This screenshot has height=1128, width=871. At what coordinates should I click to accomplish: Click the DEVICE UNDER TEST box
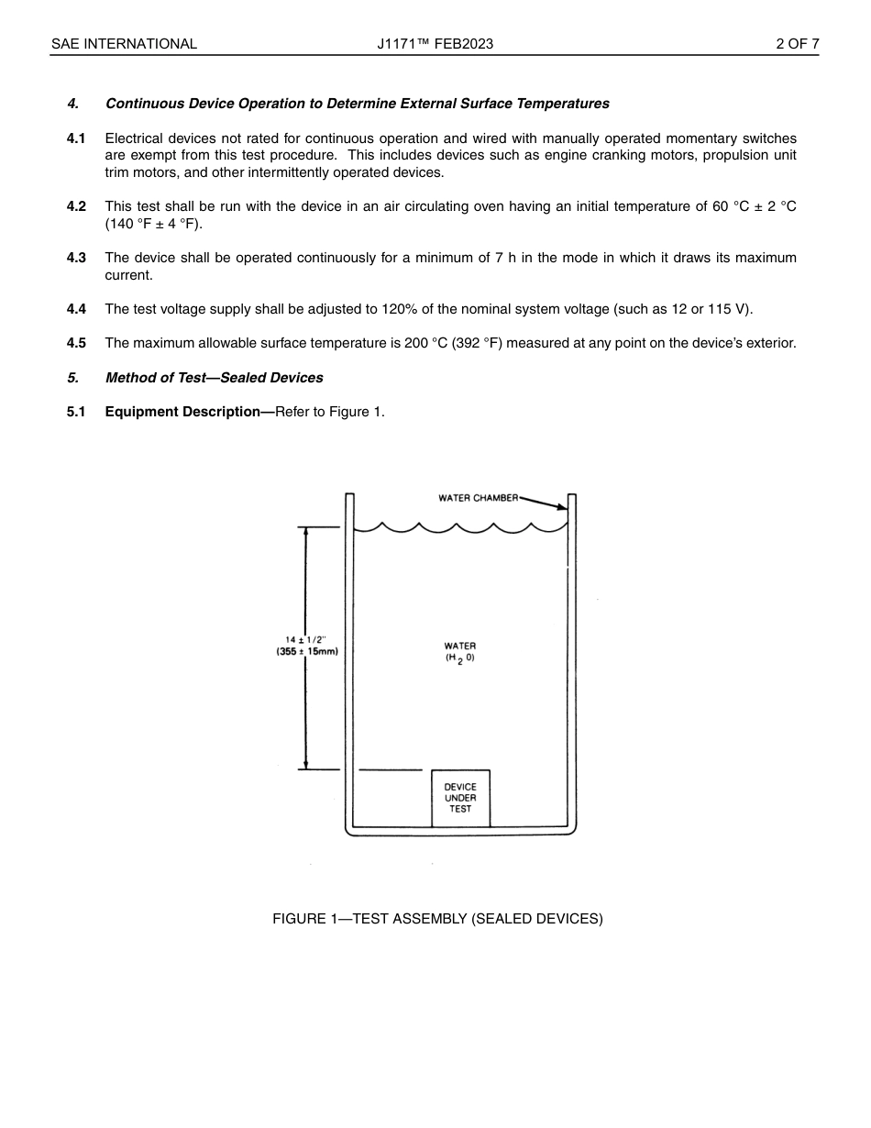click(x=460, y=798)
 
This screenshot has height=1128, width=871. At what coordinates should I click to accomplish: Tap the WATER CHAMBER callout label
click(x=478, y=499)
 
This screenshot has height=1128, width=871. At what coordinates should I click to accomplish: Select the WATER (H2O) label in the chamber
click(x=460, y=652)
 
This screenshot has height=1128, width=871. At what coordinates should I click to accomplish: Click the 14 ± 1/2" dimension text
click(x=306, y=640)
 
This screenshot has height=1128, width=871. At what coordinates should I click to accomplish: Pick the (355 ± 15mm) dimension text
click(x=307, y=652)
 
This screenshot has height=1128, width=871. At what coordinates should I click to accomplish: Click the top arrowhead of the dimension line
click(x=306, y=533)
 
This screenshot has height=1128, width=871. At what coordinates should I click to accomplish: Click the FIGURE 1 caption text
click(x=437, y=919)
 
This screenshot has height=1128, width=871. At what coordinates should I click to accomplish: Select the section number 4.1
click(x=76, y=138)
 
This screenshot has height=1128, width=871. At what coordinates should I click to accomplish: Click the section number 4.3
click(x=76, y=258)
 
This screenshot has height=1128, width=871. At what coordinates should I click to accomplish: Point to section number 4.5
click(x=76, y=343)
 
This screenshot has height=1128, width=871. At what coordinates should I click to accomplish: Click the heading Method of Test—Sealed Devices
click(x=214, y=378)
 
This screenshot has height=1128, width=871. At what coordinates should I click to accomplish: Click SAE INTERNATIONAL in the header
click(x=124, y=44)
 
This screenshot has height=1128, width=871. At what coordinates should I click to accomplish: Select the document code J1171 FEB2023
click(x=435, y=44)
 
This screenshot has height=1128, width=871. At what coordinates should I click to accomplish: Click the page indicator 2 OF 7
click(x=797, y=44)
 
